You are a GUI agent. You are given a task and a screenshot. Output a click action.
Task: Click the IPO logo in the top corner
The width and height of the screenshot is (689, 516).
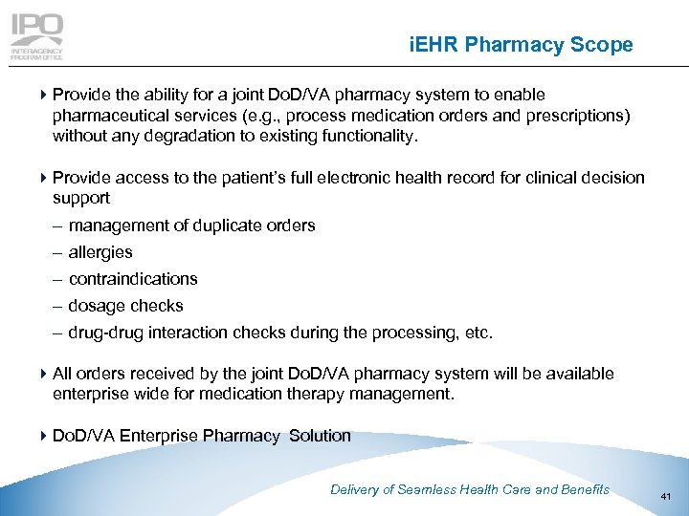click(37, 35)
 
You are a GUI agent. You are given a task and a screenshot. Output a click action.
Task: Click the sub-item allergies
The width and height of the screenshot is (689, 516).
click(100, 252)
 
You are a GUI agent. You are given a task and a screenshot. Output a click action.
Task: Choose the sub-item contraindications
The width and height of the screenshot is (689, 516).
click(133, 279)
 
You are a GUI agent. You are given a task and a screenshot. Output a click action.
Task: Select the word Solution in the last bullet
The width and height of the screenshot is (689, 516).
click(320, 436)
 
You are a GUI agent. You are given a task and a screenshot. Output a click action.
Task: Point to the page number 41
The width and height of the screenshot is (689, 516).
click(667, 495)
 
